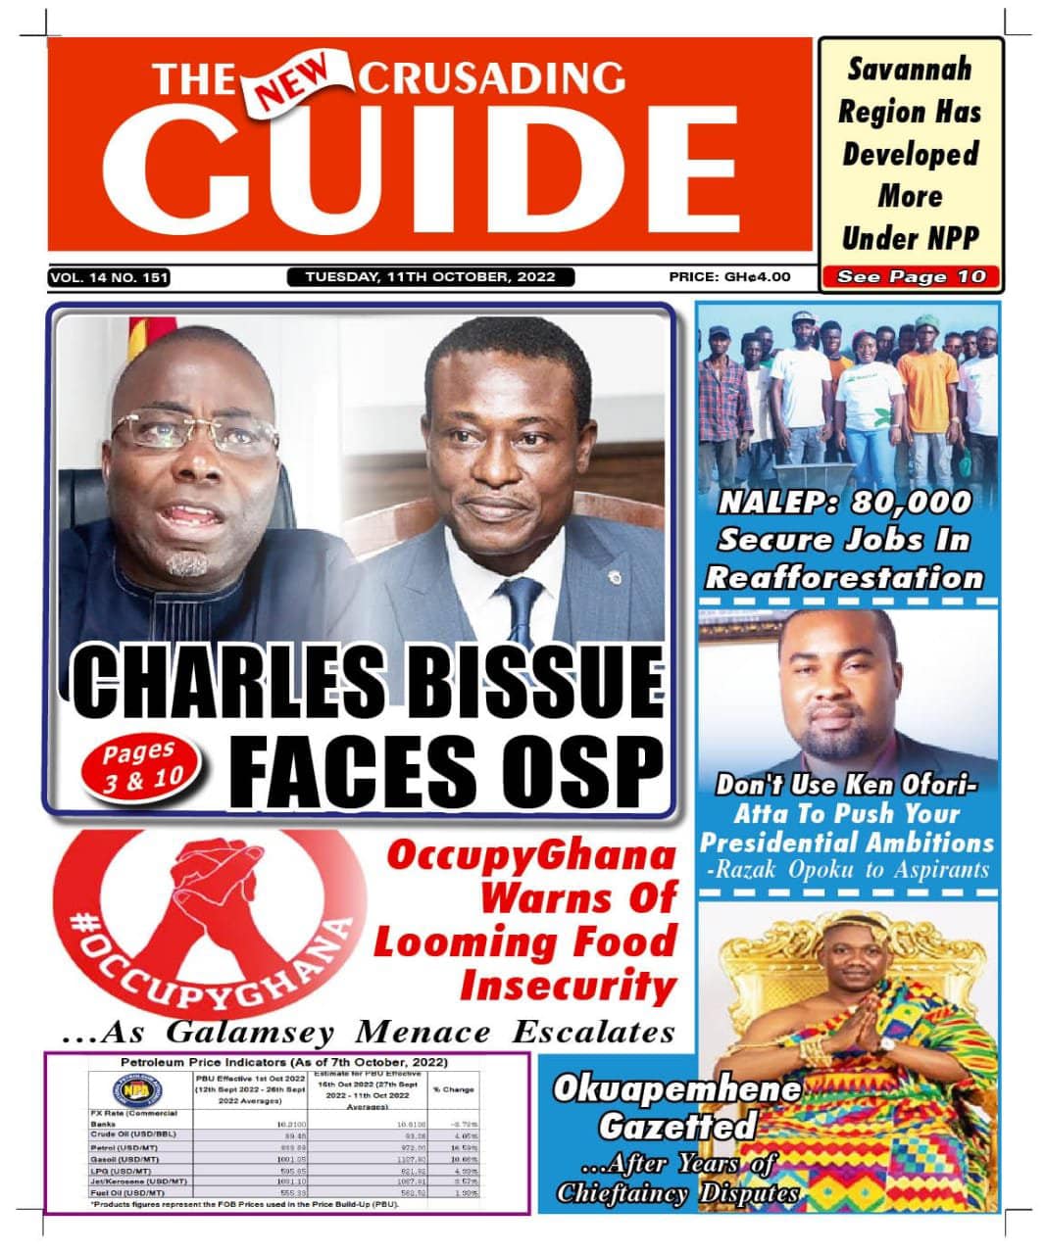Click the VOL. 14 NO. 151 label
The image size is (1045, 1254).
coord(109,278)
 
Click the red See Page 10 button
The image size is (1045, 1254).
coord(911,277)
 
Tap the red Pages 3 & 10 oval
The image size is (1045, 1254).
coord(140,766)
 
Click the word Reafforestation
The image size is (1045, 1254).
coord(844,577)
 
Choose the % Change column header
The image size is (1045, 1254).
coord(454,1089)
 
